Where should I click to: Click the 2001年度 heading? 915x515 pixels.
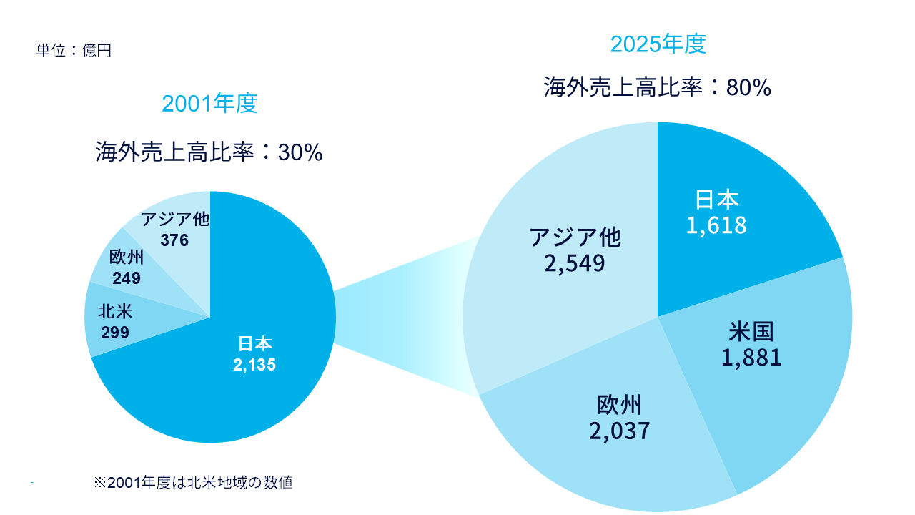coord(209,104)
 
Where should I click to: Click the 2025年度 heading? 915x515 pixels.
coord(658,44)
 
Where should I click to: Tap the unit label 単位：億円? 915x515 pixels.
coord(74,51)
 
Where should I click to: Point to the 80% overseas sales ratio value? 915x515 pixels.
coord(748,88)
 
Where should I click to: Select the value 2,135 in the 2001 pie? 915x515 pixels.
coord(254,365)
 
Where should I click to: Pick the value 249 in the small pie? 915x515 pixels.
coord(126,278)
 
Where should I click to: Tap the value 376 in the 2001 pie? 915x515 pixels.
coord(174,240)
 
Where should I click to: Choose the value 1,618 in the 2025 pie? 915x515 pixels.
coord(716,225)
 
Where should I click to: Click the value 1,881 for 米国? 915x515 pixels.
coord(751,357)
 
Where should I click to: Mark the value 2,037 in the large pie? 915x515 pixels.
coord(620,431)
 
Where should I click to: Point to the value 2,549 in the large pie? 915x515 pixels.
coord(574,263)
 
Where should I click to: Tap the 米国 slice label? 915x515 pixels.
coord(751,332)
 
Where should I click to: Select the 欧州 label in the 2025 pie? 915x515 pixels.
coord(620,406)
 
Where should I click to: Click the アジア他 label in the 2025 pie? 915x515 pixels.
coord(575,237)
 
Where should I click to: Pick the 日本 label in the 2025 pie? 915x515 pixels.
coord(717,200)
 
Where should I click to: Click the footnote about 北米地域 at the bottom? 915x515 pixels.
coord(193,483)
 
